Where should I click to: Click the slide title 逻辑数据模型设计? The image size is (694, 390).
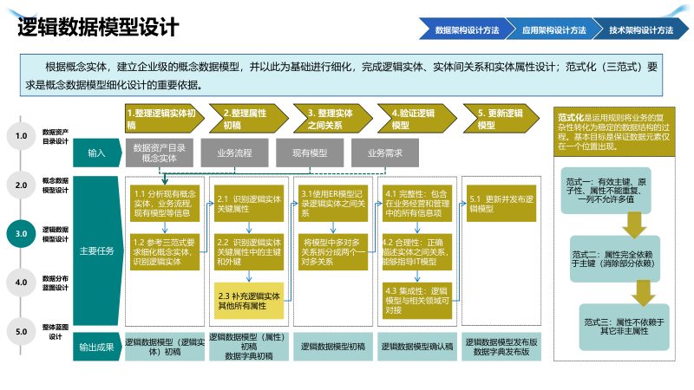coord(98,28)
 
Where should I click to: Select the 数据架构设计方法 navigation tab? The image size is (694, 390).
coord(467,30)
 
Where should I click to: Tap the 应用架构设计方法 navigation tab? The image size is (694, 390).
coord(553,30)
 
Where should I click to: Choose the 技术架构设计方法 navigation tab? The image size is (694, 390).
coord(640,30)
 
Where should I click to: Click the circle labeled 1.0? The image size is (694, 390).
coord(21,135)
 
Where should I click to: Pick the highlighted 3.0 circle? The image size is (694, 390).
coord(21,233)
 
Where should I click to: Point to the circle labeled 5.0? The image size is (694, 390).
coord(21,330)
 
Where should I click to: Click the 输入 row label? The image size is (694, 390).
coord(96,153)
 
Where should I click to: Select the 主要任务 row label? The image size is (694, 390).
coord(96,251)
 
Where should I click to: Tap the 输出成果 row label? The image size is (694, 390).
coord(96,347)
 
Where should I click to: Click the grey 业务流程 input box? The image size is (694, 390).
coord(234,153)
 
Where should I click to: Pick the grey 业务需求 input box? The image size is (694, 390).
coord(384,153)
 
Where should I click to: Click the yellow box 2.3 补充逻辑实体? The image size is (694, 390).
coord(250,301)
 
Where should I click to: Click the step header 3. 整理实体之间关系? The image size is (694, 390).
coord(331,119)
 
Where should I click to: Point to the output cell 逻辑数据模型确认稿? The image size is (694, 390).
coord(416,347)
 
